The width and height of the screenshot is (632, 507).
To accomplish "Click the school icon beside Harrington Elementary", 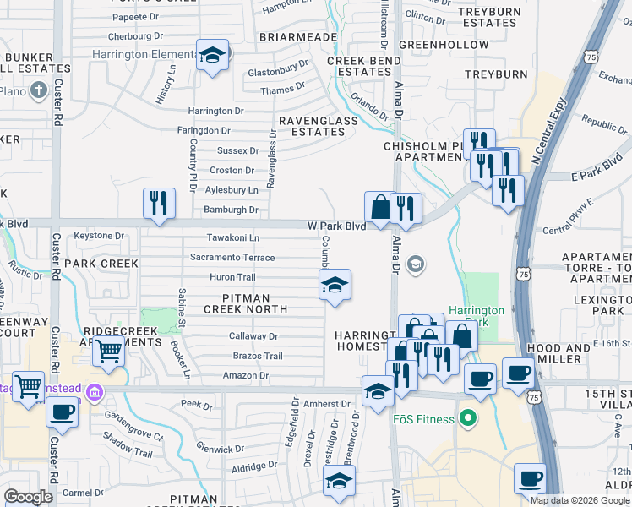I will pyautogui.click(x=211, y=56).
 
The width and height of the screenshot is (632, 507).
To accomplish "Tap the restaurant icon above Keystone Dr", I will pyautogui.click(x=159, y=204).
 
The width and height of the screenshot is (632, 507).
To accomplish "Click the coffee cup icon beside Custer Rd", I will pyautogui.click(x=61, y=412).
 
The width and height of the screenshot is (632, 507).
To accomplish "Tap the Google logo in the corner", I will pyautogui.click(x=28, y=497).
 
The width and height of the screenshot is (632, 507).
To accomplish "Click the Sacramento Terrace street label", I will pyautogui.click(x=232, y=258).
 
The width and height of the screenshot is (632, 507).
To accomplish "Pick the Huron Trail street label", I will pyautogui.click(x=232, y=277).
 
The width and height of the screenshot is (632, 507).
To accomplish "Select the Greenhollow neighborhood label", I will pyautogui.click(x=443, y=44).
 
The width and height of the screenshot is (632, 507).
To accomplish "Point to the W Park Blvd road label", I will pyautogui.click(x=336, y=226).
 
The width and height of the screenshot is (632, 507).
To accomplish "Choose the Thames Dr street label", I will pyautogui.click(x=283, y=89).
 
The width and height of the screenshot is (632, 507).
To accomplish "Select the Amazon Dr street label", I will pyautogui.click(x=245, y=375).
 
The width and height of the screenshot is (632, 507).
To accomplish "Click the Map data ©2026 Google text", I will pyautogui.click(x=579, y=500).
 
